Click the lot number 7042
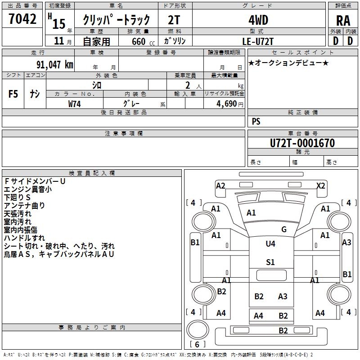coord(22,19)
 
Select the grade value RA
coord(343,20)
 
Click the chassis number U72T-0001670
coord(302,143)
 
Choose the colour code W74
coord(75,103)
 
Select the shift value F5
coord(13,94)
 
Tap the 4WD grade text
coord(258,20)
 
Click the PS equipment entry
coord(256,121)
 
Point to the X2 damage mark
coord(321,185)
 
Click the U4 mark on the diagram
coord(270,244)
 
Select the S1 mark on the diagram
coord(270,262)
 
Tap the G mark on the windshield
coord(283,229)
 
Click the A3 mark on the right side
coord(346,243)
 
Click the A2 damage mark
coord(220,185)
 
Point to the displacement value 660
coord(139,41)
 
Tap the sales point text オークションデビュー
coord(288,63)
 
